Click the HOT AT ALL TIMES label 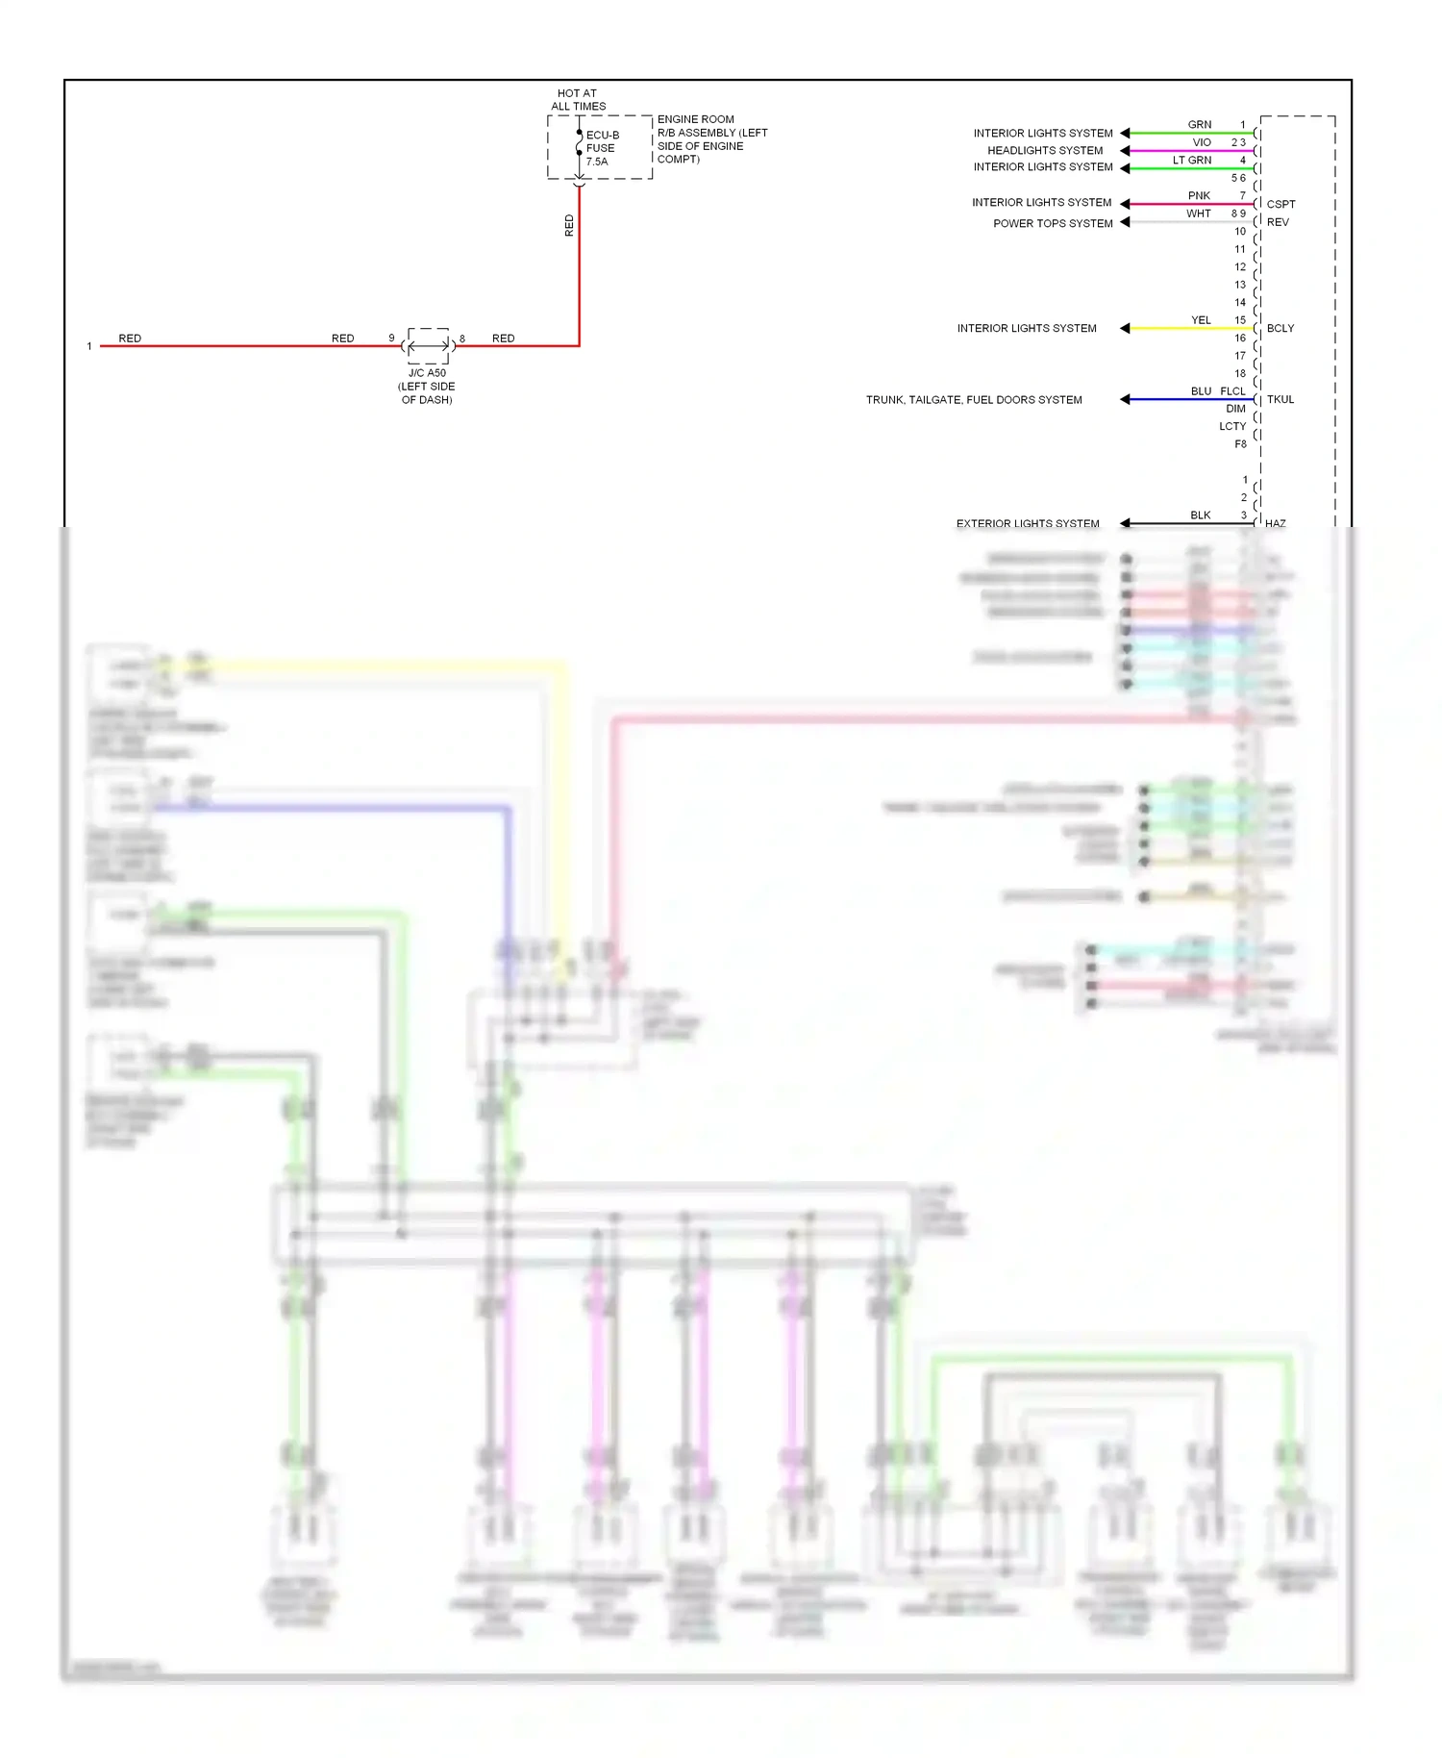pos(578,100)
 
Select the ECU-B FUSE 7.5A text pos(602,148)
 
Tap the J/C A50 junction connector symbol pos(428,345)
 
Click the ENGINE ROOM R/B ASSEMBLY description pos(711,139)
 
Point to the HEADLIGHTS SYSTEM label pos(1045,151)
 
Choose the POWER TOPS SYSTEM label pos(1053,223)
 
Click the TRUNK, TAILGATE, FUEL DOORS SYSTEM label pos(974,400)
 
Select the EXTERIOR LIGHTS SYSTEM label pos(1028,524)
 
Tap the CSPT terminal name pos(1280,205)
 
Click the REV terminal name pos(1278,222)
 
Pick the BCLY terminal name pos(1280,329)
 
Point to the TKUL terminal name pos(1280,400)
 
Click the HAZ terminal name pos(1276,524)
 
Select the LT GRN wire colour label pos(1192,161)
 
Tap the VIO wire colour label pos(1202,142)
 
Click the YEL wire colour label pos(1201,320)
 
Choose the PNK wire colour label pos(1199,196)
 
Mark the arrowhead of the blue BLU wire pos(1125,399)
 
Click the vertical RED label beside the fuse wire pos(569,226)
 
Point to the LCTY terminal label pos(1232,427)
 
